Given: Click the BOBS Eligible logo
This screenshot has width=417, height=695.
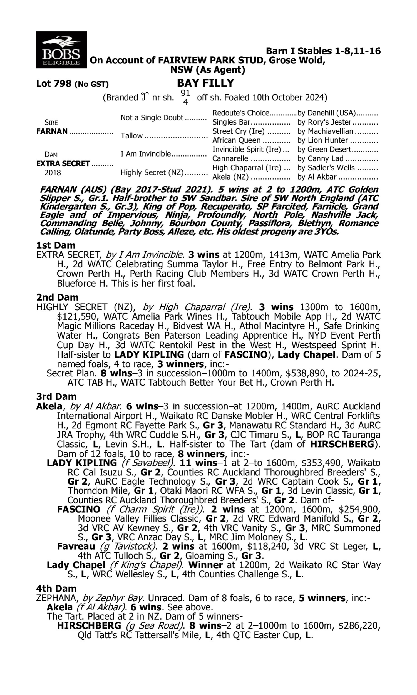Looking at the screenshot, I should [61, 50].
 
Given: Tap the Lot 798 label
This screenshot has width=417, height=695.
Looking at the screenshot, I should [54, 84].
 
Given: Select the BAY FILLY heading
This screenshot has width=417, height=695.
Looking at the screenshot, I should [205, 83].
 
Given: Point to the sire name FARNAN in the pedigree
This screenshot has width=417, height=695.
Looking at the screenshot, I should [52, 131].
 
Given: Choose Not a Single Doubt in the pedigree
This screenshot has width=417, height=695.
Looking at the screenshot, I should [152, 118].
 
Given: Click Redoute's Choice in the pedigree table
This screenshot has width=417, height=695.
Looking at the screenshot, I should [240, 113].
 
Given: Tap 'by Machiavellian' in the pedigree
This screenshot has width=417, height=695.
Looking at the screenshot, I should [325, 131].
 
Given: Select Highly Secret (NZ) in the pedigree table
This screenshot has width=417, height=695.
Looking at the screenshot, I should [152, 172].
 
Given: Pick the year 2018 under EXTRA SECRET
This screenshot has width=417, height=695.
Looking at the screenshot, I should [53, 172].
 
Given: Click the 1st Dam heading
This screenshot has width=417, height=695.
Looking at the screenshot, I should [56, 245].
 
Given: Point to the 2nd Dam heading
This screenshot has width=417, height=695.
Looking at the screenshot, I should [57, 297].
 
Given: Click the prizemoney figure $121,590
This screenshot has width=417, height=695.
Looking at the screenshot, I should [77, 317].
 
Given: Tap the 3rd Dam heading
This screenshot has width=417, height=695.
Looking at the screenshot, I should [56, 397].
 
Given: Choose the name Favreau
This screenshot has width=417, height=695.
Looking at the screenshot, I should [76, 546].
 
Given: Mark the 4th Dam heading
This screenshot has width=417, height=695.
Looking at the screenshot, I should [56, 589].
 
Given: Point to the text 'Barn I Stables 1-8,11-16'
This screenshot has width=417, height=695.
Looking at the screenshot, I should [323, 51].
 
